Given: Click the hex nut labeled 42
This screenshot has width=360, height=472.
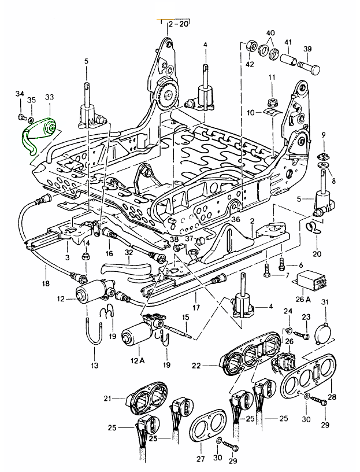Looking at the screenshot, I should [251, 46].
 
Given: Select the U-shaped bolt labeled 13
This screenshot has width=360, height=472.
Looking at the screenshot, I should [94, 334].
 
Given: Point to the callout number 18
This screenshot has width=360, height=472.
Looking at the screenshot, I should [46, 283].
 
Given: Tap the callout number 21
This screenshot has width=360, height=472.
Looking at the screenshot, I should [107, 399].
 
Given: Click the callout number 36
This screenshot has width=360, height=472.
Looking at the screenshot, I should [235, 220].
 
